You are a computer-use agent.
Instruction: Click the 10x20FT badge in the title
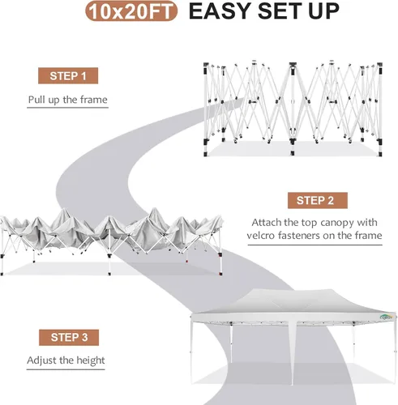coord(131,11)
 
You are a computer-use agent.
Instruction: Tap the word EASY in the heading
coord(220,11)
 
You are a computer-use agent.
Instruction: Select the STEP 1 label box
coord(68,75)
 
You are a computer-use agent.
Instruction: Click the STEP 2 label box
coord(318,200)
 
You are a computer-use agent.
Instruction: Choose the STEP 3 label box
coord(69,337)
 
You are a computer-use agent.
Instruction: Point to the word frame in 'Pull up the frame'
coord(94,100)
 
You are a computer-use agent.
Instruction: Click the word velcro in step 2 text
coord(260,236)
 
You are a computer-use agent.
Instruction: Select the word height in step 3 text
coord(91,360)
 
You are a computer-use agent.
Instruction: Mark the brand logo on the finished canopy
coord(386,317)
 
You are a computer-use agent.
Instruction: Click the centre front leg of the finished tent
coord(292,353)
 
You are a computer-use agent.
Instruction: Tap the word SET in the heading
coord(280,11)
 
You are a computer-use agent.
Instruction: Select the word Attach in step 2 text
coord(267,223)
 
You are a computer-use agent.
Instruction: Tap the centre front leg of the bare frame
coord(293,109)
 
